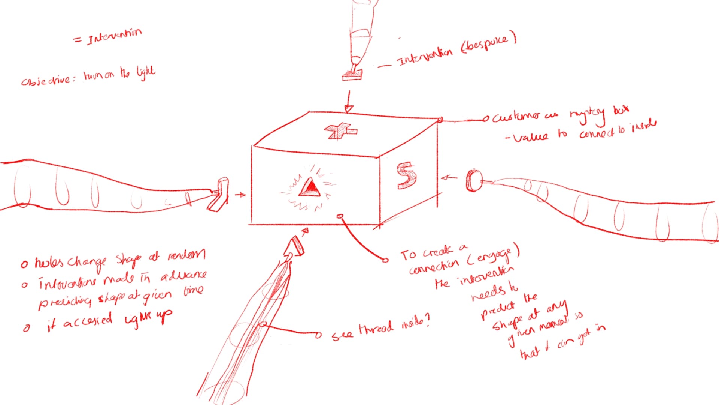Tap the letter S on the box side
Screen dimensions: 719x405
point(406,175)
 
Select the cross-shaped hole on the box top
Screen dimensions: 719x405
point(340,131)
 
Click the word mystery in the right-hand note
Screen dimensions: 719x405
point(587,114)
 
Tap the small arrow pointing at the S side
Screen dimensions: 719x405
point(449,178)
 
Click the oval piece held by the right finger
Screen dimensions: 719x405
point(474,181)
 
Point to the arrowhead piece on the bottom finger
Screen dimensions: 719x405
point(294,247)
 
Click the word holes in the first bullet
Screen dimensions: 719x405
point(50,262)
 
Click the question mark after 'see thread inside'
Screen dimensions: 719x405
point(427,319)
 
